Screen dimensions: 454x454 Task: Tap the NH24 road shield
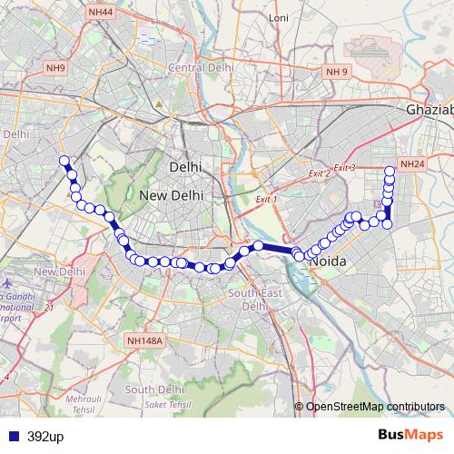(x=412, y=164)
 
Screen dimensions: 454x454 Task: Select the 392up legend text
(x=45, y=437)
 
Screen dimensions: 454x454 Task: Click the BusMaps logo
(x=410, y=436)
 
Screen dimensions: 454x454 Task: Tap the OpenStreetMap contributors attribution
(x=374, y=406)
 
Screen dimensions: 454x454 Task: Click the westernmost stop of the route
(x=64, y=162)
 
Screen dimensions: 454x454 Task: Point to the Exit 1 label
(x=266, y=199)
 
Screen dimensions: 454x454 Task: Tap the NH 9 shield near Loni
(x=338, y=71)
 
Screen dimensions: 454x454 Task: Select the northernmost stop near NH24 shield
(x=390, y=170)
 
